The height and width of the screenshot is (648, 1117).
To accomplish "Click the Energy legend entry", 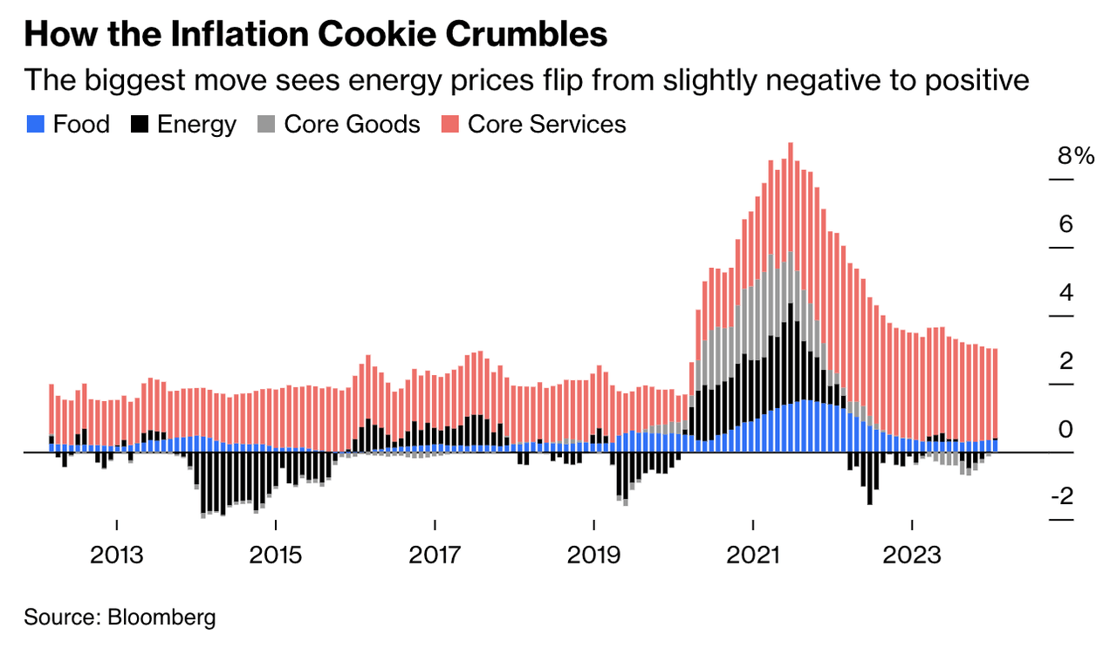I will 183,125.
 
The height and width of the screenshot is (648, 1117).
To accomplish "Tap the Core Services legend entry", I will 533,125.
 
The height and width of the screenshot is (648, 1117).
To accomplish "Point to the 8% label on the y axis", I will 1075,157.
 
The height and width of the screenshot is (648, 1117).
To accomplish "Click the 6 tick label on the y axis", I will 1066,225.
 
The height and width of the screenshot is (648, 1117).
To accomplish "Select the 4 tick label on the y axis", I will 1066,293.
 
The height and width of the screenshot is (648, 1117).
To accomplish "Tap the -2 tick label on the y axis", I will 1061,497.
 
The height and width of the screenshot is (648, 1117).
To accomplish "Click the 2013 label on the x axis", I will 117,556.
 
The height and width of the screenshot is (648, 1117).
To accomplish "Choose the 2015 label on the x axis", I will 276,556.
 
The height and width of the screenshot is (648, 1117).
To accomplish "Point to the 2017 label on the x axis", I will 435,556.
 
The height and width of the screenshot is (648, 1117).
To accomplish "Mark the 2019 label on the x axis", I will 593,556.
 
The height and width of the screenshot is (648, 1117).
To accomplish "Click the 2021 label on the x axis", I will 752,556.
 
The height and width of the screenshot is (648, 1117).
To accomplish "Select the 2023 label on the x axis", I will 911,556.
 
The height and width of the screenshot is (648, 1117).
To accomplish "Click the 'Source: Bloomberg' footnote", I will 120,618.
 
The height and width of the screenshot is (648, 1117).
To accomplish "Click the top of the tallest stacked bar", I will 790,145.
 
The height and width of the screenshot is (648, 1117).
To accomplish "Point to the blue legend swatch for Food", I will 34,125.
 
